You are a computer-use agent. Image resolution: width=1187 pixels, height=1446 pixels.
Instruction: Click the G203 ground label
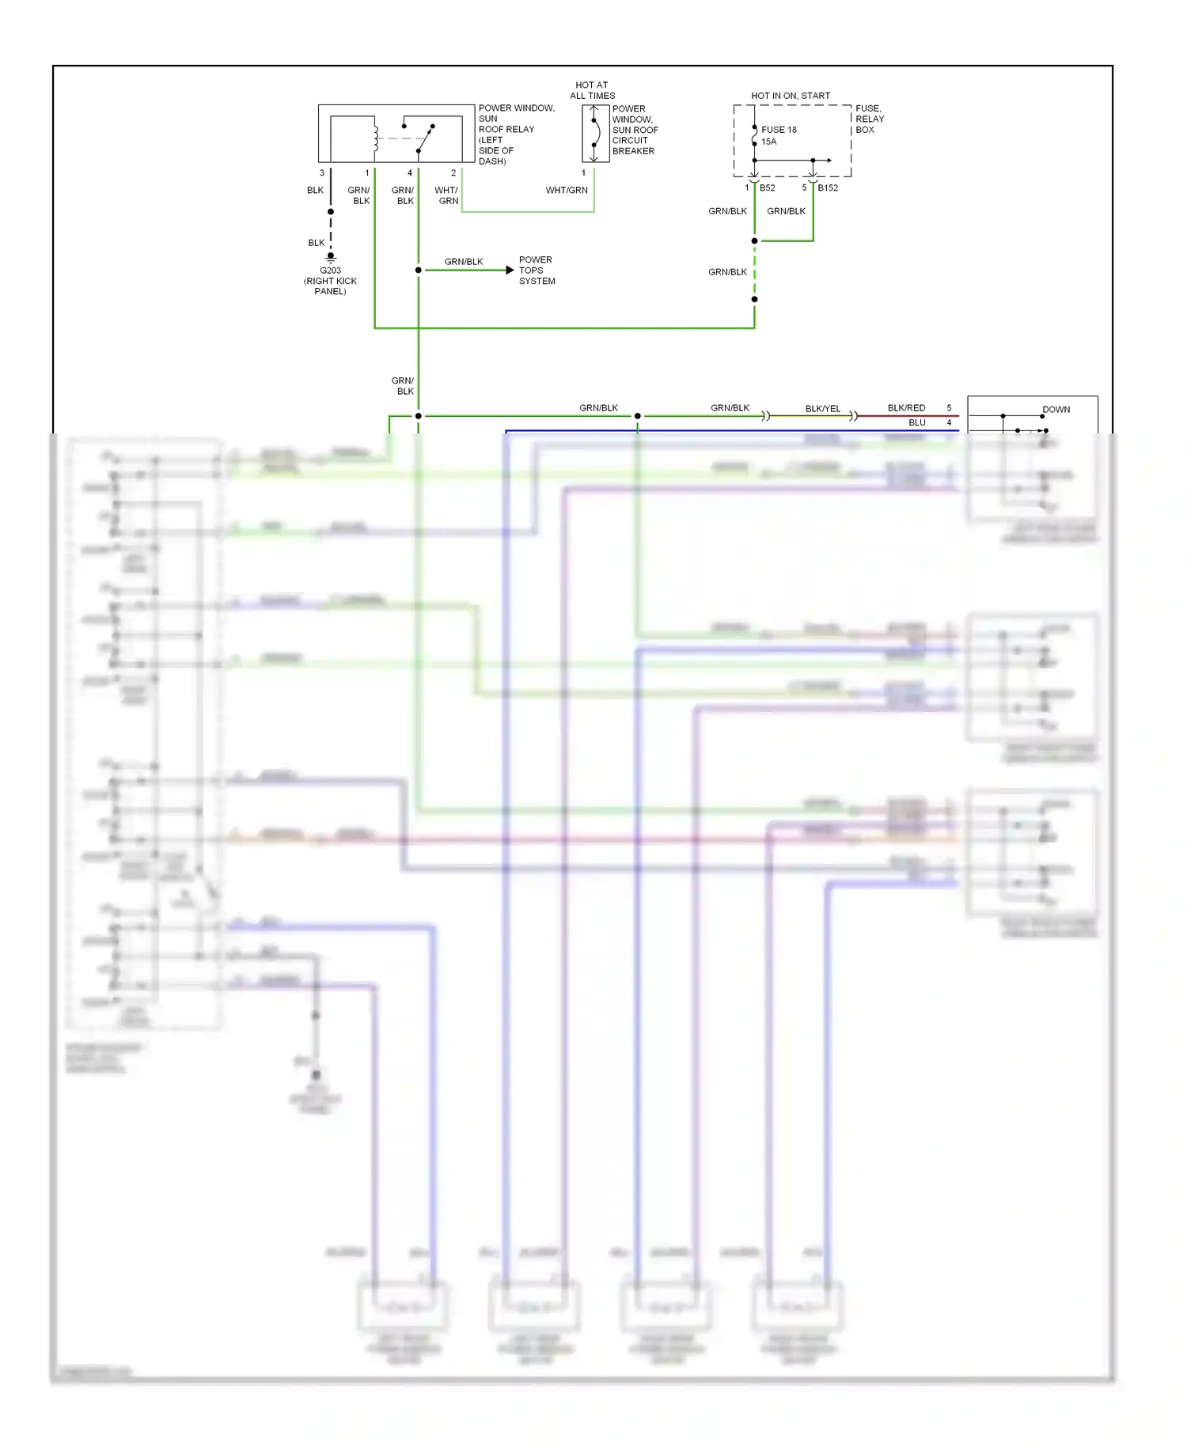[x=330, y=271]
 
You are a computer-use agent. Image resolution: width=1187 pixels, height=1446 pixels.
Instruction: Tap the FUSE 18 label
[x=779, y=130]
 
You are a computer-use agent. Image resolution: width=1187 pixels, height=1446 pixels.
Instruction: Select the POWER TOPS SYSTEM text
[x=537, y=271]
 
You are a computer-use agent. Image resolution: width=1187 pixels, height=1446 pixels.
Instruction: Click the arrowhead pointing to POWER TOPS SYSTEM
[x=510, y=271]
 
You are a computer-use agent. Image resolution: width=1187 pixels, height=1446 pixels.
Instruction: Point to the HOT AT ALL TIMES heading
[x=592, y=90]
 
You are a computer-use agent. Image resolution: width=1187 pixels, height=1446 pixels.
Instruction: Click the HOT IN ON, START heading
[x=790, y=96]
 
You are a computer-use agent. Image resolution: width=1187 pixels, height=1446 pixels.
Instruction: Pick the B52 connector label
[x=767, y=188]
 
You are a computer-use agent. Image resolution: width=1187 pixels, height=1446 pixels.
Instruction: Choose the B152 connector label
[x=828, y=188]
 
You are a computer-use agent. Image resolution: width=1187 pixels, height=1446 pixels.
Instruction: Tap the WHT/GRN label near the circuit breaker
[x=567, y=191]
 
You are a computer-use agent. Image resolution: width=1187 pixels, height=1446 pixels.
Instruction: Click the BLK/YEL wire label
[x=823, y=409]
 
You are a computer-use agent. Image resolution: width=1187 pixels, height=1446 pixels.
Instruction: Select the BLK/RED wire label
[x=906, y=408]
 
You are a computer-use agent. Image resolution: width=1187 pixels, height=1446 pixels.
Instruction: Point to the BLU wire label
[x=916, y=422]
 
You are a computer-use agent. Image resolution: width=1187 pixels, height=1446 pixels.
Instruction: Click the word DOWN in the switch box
[x=1056, y=410]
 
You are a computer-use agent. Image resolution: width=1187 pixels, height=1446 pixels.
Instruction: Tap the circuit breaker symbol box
[x=595, y=134]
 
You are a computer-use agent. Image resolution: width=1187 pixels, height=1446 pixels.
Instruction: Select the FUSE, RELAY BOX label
[x=869, y=119]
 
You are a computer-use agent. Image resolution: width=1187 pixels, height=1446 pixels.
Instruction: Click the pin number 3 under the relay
[x=321, y=173]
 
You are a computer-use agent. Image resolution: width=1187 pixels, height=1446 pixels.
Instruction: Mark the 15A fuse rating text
[x=768, y=142]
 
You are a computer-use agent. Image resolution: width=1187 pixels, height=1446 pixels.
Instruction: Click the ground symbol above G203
[x=331, y=257]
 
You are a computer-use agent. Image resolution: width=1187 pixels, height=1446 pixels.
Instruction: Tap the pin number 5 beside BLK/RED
[x=949, y=408]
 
